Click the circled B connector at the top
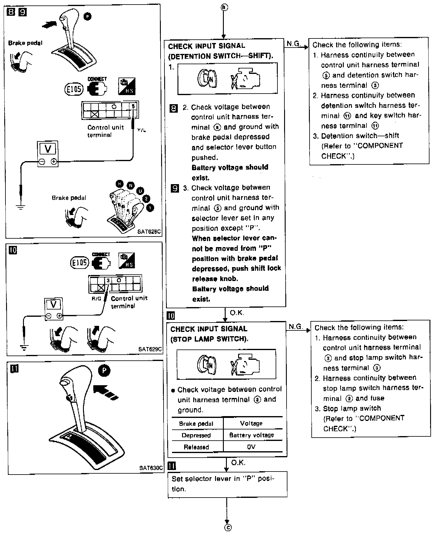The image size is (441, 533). coord(224,7)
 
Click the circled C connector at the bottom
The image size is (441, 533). coord(228,528)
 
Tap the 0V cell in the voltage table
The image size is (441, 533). coord(251,447)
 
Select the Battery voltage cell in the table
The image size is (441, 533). coord(251,435)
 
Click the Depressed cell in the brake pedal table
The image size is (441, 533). coord(196,435)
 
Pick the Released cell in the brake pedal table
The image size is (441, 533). coord(196,447)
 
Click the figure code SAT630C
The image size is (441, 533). coord(151,468)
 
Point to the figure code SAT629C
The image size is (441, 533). coord(150,349)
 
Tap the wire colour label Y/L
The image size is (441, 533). coord(141,130)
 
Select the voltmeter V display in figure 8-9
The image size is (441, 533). coord(48,149)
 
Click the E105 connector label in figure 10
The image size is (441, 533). coord(79,263)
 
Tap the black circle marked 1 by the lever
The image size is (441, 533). coord(150,208)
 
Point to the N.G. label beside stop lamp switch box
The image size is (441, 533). coord(296,326)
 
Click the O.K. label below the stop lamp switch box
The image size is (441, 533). coord(238,463)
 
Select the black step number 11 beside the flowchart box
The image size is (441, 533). coord(171,466)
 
